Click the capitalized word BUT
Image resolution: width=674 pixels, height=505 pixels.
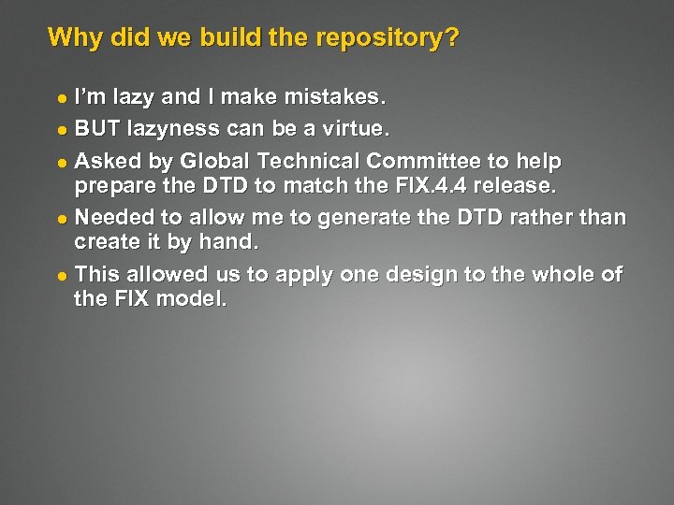97,128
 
